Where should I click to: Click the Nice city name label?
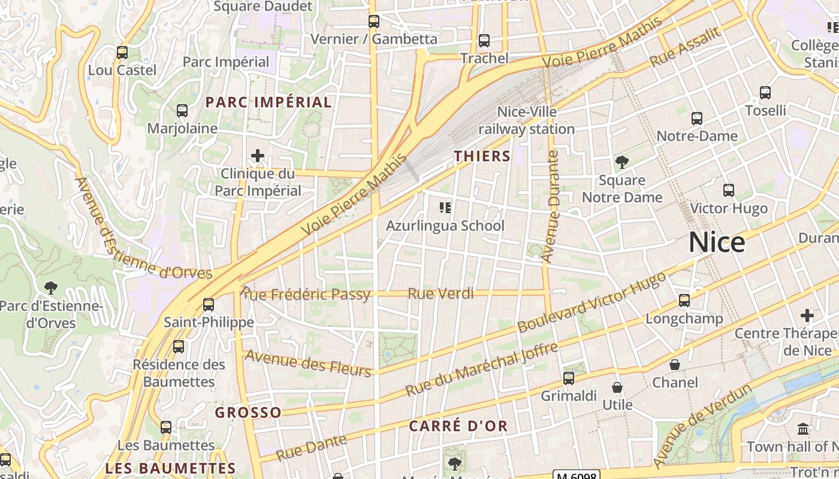(x=717, y=242)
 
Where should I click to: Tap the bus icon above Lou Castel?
(x=122, y=53)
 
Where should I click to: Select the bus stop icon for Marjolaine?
(x=182, y=111)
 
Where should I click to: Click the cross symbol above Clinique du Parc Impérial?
(x=258, y=156)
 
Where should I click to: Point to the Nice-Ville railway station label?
(x=526, y=120)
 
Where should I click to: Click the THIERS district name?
(x=482, y=157)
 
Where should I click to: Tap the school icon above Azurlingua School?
(x=445, y=208)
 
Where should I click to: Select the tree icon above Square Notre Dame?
(x=622, y=162)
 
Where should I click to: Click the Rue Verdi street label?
(x=440, y=294)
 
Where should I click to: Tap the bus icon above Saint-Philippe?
(x=209, y=304)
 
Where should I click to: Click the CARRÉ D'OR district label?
(x=458, y=426)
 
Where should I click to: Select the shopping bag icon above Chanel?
(x=675, y=364)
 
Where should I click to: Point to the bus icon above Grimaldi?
(x=569, y=378)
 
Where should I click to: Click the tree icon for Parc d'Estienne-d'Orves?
(x=51, y=288)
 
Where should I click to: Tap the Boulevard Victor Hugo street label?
(x=591, y=303)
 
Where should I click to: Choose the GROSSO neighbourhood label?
(x=248, y=413)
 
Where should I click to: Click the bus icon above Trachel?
(x=484, y=41)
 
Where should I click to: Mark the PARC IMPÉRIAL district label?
(x=268, y=102)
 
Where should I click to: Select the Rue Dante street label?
(x=312, y=448)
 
